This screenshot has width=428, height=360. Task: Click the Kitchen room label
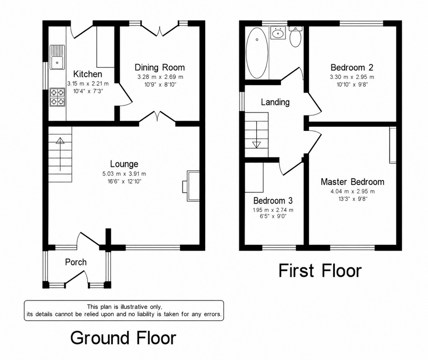[x=88, y=74]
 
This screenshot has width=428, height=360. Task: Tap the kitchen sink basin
[x=57, y=63]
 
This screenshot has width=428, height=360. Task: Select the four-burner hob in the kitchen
[x=57, y=97]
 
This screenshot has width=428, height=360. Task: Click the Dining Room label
[x=160, y=67]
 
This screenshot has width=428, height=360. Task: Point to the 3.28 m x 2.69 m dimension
[x=160, y=77]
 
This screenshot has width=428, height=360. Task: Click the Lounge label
[x=124, y=164]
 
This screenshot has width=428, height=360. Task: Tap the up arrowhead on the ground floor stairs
[x=60, y=141]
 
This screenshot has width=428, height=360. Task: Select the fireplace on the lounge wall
[x=191, y=186]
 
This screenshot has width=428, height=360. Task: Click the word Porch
[x=76, y=262]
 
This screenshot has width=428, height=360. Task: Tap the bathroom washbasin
[x=278, y=33]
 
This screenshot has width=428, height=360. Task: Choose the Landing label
[x=275, y=102]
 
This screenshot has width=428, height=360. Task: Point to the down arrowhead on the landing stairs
[x=256, y=145]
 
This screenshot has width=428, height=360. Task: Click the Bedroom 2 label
[x=352, y=67]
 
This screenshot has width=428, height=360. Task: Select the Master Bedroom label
[x=352, y=182]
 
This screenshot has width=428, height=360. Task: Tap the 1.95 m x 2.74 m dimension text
[x=273, y=210]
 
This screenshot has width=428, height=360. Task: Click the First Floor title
[x=320, y=271]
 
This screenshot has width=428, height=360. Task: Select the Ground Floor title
[x=123, y=338]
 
